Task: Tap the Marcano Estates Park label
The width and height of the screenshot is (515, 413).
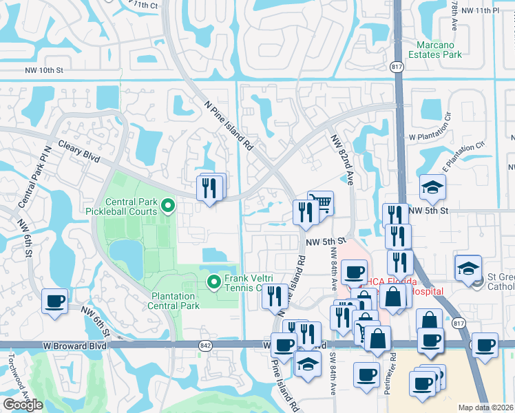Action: pyautogui.click(x=435, y=50)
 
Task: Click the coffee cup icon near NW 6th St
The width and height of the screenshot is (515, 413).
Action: pyautogui.click(x=55, y=301)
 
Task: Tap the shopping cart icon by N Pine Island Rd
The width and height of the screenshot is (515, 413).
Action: pyautogui.click(x=320, y=203)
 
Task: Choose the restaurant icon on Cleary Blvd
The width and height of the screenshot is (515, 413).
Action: pyautogui.click(x=211, y=187)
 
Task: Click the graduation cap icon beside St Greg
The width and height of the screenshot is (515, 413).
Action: pyautogui.click(x=468, y=268)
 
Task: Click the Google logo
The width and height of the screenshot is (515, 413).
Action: pyautogui.click(x=23, y=405)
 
